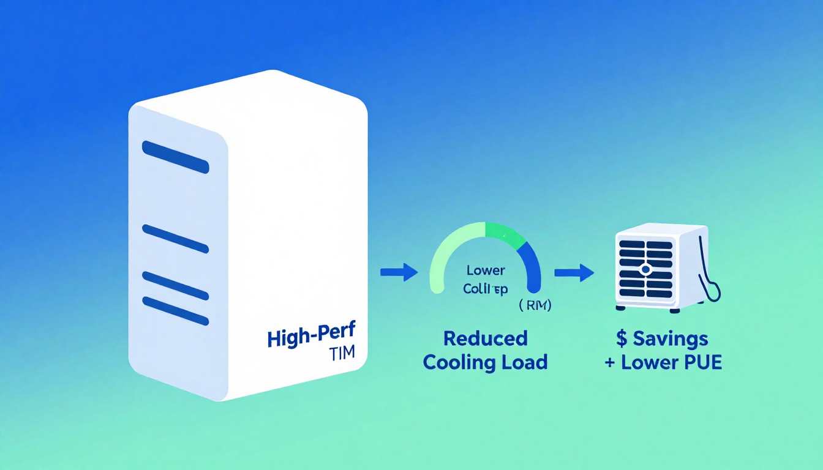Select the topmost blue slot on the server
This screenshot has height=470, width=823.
click(175, 157)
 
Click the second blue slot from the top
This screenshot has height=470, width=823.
click(175, 239)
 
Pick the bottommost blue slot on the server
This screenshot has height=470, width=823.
click(175, 310)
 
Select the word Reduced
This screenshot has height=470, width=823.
click(485, 338)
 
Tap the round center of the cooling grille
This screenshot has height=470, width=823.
click(645, 268)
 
